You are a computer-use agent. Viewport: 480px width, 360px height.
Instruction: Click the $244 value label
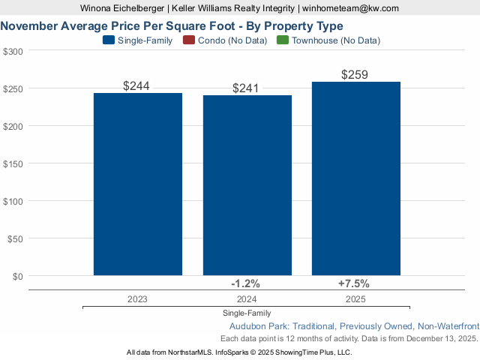point(136,86)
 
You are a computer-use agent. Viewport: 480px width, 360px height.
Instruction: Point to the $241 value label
point(245,88)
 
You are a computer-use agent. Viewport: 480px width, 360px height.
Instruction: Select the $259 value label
point(355,75)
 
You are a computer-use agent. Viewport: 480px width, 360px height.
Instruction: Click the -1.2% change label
point(245,283)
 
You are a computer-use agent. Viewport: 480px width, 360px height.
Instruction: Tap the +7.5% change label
point(354,283)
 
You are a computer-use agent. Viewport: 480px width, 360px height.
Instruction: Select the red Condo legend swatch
point(188,40)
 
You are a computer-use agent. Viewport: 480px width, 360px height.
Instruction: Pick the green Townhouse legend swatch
point(283,40)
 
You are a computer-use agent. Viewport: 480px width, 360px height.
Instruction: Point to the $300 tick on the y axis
point(13,51)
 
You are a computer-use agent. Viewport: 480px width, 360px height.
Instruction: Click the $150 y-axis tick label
point(13,163)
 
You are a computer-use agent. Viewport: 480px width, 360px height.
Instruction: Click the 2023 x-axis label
point(137,298)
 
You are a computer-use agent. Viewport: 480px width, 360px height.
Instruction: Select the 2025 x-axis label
point(355,298)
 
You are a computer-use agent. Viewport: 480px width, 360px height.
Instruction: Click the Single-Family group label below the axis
point(247,313)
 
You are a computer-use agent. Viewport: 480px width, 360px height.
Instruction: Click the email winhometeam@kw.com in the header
point(350,8)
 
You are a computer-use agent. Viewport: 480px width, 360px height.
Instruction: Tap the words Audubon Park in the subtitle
point(256,326)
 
